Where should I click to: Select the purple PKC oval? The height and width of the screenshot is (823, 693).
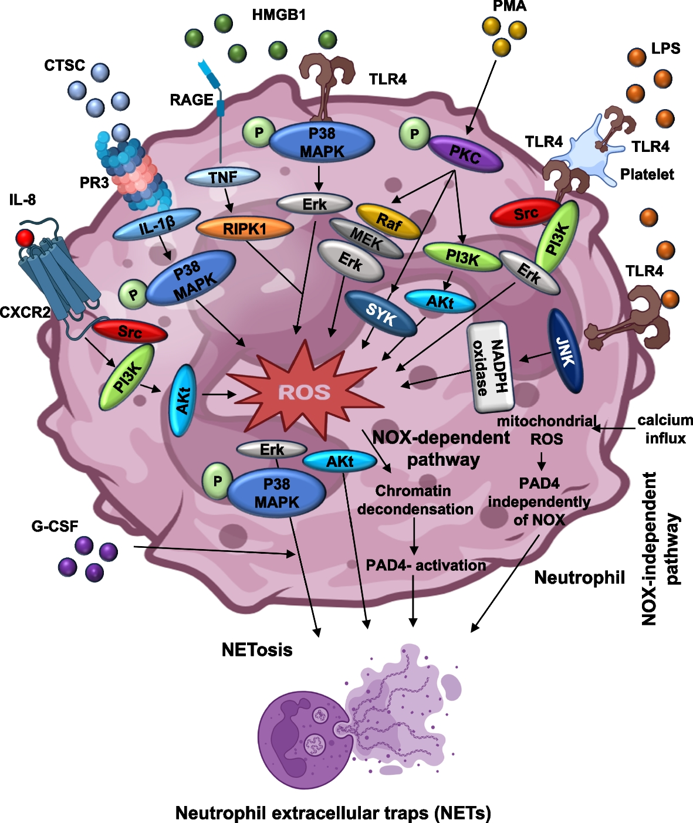click(465, 154)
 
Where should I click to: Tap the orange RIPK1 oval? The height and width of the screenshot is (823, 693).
click(245, 228)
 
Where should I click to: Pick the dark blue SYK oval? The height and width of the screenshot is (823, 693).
click(381, 313)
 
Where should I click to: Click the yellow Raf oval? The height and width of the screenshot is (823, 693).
click(388, 222)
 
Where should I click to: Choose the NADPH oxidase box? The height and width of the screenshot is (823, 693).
click(491, 367)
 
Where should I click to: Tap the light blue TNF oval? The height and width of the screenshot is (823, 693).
click(223, 177)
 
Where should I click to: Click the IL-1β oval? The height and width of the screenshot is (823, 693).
click(157, 224)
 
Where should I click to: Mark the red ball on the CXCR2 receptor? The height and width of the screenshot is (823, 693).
click(25, 238)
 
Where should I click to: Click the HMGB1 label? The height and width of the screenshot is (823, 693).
click(279, 15)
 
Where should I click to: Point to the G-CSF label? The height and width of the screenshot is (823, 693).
click(55, 526)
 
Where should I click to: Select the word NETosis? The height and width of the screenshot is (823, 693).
click(257, 649)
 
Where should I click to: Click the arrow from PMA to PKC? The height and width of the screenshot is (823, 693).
click(481, 97)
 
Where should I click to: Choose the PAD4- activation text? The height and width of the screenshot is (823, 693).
click(426, 565)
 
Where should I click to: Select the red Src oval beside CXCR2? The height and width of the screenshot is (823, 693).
click(130, 331)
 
